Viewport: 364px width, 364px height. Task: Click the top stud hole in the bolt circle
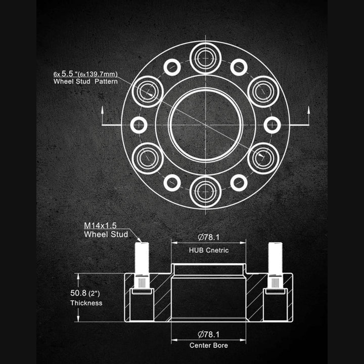pos(205,58)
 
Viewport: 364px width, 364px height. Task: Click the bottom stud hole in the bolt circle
pos(205,192)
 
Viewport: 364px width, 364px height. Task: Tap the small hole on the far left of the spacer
pos(139,125)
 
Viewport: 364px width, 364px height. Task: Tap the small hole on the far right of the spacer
pos(272,125)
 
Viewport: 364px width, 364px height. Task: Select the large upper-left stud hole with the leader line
pos(147,92)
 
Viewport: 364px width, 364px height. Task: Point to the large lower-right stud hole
pos(263,158)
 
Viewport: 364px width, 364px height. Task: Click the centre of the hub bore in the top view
pos(205,125)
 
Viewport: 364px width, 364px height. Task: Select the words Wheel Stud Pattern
pos(85,81)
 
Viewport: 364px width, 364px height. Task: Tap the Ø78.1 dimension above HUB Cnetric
pos(209,237)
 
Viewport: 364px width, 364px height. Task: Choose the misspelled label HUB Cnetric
pos(209,250)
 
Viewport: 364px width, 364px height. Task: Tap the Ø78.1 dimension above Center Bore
pos(209,334)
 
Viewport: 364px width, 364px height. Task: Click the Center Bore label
pos(209,345)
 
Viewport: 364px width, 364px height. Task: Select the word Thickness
pos(86,303)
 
